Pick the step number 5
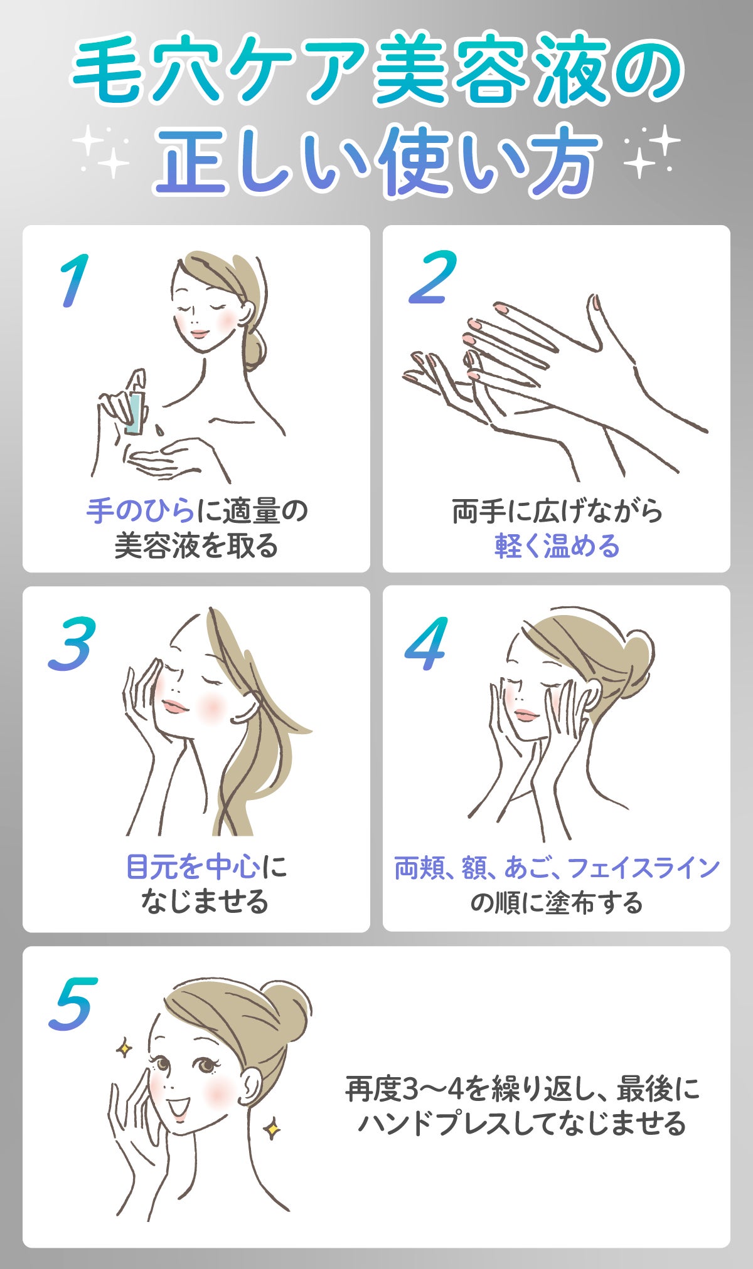pyautogui.click(x=73, y=1004)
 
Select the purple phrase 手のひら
pyautogui.click(x=141, y=511)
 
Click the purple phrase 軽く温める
pyautogui.click(x=557, y=546)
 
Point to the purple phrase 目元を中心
pyautogui.click(x=193, y=867)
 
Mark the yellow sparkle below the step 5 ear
pyautogui.click(x=272, y=1129)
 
